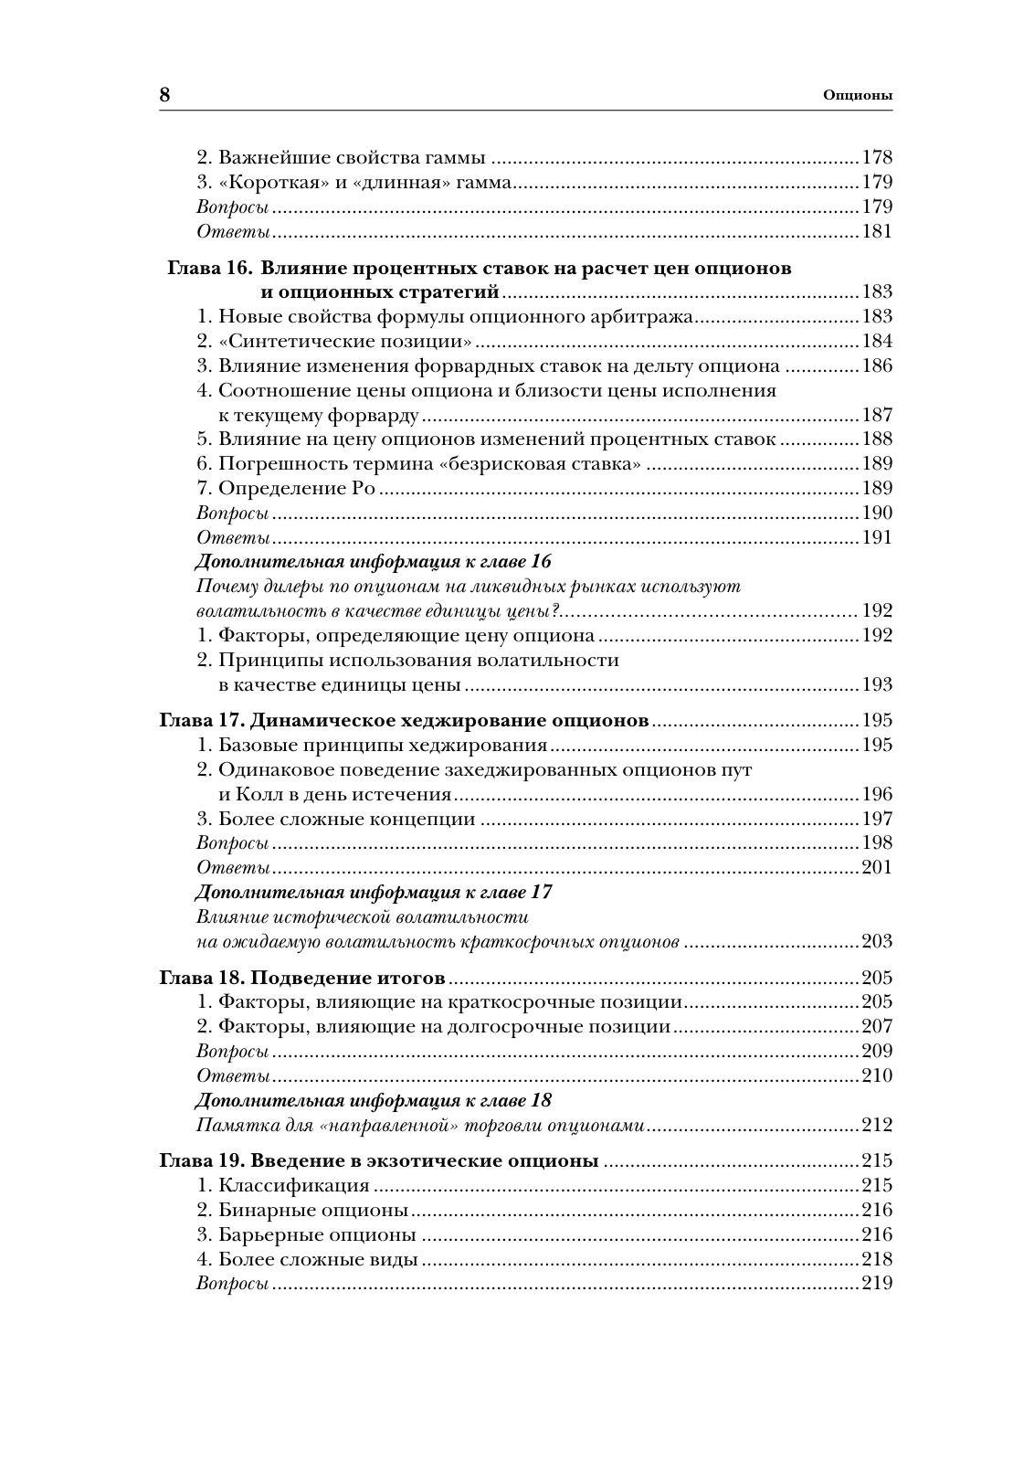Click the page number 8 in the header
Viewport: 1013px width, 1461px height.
click(x=165, y=95)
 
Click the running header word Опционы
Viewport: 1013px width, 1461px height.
click(x=857, y=95)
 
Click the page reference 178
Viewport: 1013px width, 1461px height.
click(x=877, y=157)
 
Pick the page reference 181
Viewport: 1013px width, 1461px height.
click(x=877, y=231)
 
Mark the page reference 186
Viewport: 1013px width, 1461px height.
click(x=877, y=365)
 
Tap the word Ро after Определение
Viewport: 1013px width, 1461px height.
click(x=364, y=488)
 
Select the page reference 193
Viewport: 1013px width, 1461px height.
click(x=877, y=684)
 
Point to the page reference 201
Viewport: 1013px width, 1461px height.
click(x=877, y=867)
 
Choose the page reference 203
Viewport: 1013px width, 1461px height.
click(x=877, y=942)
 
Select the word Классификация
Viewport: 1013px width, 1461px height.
click(x=294, y=1186)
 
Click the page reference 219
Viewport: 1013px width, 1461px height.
click(x=877, y=1284)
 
